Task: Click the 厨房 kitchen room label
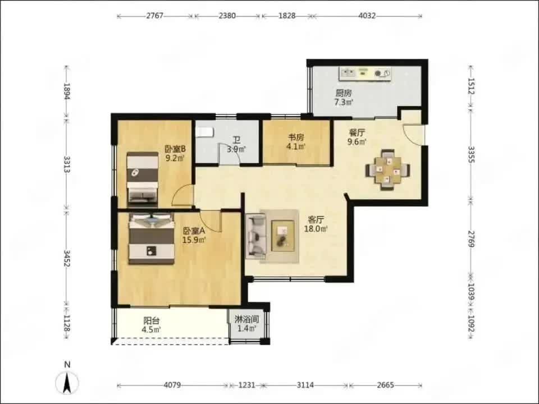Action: [344, 93]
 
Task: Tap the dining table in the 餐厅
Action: [387, 169]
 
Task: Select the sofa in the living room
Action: [256, 236]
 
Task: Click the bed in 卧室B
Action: [142, 180]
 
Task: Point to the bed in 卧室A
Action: [152, 238]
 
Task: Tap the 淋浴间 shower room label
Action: [247, 319]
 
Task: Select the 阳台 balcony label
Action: [152, 321]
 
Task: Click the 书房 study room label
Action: [296, 137]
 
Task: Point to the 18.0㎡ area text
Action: [316, 228]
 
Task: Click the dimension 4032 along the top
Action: [367, 16]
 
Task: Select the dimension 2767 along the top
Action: [155, 16]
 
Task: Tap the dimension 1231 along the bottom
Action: [246, 385]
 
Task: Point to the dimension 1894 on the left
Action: [67, 91]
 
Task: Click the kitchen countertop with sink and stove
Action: [365, 73]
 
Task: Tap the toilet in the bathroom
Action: [205, 131]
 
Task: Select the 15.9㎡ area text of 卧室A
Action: [194, 240]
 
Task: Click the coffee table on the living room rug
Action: [283, 236]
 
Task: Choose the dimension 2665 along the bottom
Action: [385, 385]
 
